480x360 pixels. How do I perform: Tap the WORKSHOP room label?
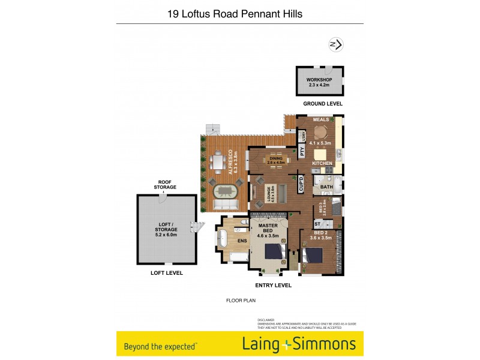point(319,80)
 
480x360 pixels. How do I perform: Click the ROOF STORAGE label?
point(166,184)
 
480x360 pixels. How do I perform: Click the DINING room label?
point(275,158)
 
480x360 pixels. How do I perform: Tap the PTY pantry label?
point(302,152)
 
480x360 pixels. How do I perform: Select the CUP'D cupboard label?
point(301,184)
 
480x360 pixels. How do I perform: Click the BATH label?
point(326,187)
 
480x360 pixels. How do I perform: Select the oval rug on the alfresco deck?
point(225,192)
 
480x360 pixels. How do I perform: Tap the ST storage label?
point(317,224)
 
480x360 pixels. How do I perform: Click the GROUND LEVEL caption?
point(322,104)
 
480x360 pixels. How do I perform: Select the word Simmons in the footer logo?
point(325,344)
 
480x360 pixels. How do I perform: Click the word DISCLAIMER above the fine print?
point(265,320)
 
